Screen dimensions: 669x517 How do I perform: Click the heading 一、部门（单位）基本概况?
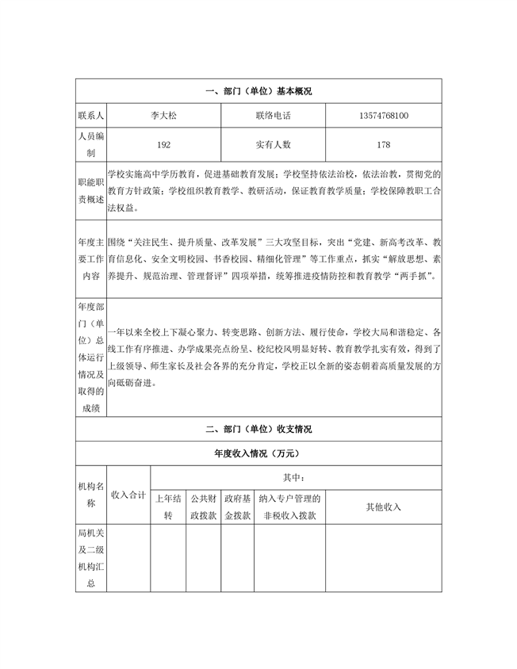258,92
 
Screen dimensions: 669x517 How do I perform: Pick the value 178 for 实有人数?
384,145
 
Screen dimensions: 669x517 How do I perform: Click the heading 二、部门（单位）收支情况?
258,430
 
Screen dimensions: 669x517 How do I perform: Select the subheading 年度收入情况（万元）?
258,453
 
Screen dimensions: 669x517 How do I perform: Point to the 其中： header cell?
295,478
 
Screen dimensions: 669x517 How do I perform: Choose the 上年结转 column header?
168,507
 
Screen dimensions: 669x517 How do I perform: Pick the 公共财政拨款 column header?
203,507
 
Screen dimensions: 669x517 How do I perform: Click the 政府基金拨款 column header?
237,507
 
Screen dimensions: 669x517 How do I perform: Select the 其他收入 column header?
384,507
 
